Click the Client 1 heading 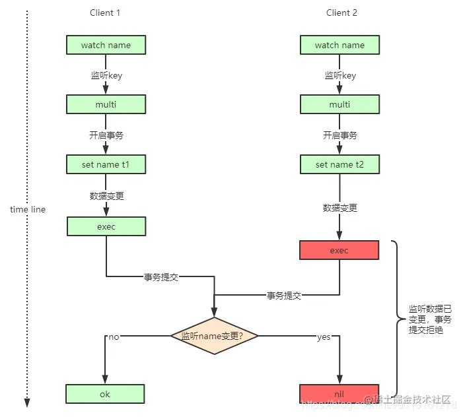click(x=106, y=13)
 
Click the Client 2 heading click(x=341, y=13)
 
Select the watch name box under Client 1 click(x=106, y=45)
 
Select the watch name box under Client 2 click(x=339, y=45)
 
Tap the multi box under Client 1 click(x=106, y=104)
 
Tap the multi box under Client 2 click(x=339, y=104)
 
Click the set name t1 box click(x=106, y=164)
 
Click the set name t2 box click(x=339, y=164)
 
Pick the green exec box click(x=106, y=226)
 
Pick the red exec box click(x=339, y=250)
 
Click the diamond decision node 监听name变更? click(x=214, y=336)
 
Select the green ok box click(x=106, y=394)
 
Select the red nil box click(x=339, y=394)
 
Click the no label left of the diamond click(x=114, y=337)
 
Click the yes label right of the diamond click(x=324, y=337)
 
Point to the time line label click(x=28, y=209)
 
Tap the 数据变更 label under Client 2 click(x=339, y=208)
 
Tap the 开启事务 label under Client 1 click(x=106, y=135)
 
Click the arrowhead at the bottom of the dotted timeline click(x=27, y=402)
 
